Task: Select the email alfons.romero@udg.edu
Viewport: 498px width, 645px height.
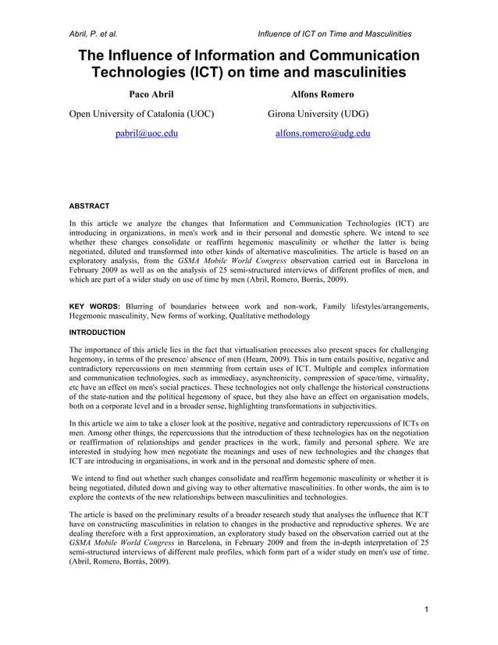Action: coord(323,134)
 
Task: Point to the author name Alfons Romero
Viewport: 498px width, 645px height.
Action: coord(322,94)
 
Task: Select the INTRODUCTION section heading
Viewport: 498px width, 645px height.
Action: coord(97,332)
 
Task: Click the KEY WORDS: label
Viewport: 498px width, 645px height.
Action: coord(96,305)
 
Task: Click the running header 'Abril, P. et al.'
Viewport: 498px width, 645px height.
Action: coord(94,34)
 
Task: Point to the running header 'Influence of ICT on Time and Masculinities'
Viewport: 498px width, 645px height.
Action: coord(334,34)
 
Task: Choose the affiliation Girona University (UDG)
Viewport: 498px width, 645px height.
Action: coord(318,114)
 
